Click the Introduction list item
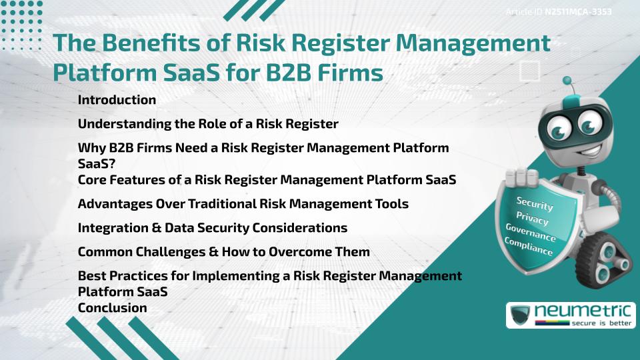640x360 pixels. tap(117, 100)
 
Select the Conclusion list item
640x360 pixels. tap(112, 308)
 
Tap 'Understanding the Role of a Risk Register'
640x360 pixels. tap(208, 124)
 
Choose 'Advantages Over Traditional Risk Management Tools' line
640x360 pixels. tap(243, 203)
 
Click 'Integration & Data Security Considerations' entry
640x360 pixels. tap(212, 228)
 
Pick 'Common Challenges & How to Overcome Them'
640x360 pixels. tap(223, 252)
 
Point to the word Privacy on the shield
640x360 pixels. tap(532, 218)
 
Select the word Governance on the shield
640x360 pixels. tap(530, 233)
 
